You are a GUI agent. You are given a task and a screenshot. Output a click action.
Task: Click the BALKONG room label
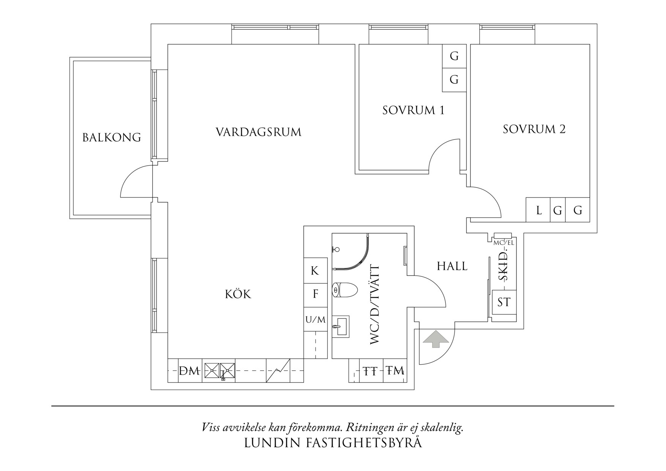[112, 137]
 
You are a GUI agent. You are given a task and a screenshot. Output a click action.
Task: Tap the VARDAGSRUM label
[259, 132]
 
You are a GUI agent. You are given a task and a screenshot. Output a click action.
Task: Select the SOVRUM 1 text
[413, 110]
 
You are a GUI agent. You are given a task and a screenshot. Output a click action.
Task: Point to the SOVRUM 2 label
[534, 129]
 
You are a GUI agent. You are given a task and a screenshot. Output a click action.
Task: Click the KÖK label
[238, 294]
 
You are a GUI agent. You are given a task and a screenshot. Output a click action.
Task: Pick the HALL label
[452, 266]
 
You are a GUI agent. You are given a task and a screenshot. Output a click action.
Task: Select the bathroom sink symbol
[341, 326]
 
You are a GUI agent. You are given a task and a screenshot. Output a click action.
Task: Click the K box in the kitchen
[315, 271]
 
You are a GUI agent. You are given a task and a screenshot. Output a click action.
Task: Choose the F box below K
[315, 294]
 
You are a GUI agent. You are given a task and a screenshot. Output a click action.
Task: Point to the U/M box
[315, 319]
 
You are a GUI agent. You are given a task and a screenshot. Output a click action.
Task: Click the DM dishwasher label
[189, 371]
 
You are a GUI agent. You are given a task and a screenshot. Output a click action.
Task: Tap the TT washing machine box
[371, 370]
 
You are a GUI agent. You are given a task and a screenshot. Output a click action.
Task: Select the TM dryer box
[395, 370]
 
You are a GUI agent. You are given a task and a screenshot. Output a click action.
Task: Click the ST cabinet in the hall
[504, 302]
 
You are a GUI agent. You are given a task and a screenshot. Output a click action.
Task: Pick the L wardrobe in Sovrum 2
[538, 210]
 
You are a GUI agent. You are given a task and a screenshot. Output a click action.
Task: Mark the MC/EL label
[503, 243]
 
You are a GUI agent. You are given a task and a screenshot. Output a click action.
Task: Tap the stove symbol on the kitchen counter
[220, 370]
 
